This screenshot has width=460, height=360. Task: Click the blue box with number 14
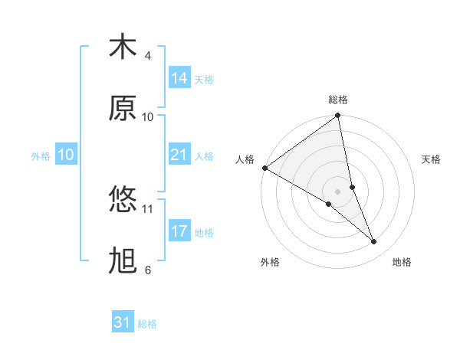tap(179, 78)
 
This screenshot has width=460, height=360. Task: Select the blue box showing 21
tap(179, 155)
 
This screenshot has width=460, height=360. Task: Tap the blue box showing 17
tap(179, 231)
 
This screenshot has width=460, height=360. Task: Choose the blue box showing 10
tap(65, 155)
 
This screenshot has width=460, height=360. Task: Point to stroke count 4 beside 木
tap(148, 56)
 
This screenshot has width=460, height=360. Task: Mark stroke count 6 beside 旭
tap(148, 270)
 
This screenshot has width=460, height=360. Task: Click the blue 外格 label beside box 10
tap(41, 156)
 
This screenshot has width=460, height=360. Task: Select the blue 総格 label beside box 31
tap(147, 324)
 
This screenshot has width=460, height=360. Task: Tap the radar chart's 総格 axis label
tap(338, 100)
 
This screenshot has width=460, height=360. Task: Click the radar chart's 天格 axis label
tap(431, 159)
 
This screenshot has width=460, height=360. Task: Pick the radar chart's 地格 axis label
tap(402, 262)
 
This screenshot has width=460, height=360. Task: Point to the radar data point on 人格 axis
tap(264, 168)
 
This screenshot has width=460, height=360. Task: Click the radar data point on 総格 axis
tap(338, 116)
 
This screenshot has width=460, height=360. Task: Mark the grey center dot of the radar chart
tap(338, 191)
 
